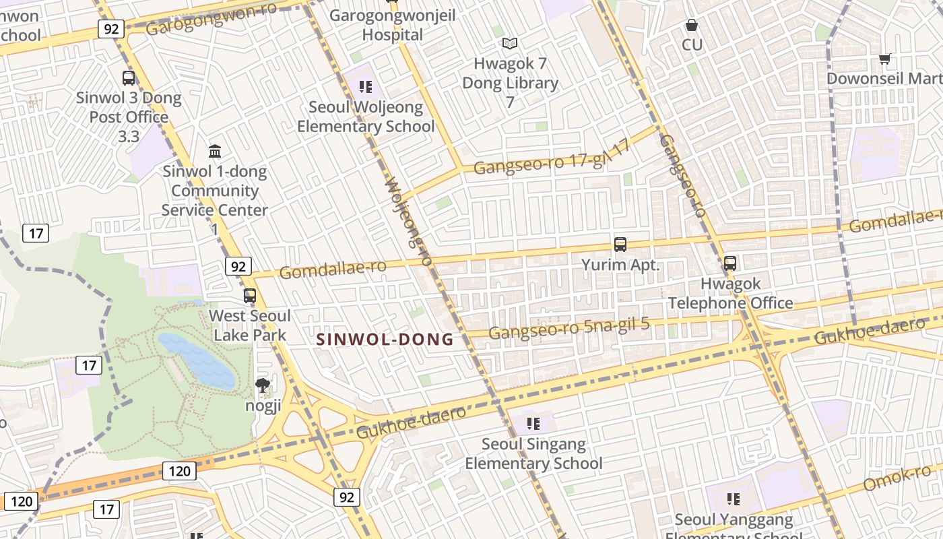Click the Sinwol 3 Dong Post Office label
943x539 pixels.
128,108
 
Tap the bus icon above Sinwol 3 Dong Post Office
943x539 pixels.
129,77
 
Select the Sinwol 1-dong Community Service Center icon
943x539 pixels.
215,150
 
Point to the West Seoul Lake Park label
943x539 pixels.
249,325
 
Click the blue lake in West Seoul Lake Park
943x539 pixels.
196,361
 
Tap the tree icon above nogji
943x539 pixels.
262,385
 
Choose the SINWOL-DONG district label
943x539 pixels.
385,340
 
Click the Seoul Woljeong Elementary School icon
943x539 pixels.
366,86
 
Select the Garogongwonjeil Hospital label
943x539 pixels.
392,25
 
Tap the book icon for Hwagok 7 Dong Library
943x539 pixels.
510,44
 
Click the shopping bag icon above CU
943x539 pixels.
692,26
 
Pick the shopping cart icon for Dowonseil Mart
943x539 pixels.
885,59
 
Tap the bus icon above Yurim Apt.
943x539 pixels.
620,245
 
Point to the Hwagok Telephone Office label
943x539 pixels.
730,293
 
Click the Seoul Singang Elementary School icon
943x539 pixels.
533,424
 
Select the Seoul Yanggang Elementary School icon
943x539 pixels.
734,499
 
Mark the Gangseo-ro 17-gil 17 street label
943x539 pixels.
552,159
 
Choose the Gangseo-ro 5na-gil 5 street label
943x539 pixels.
568,328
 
